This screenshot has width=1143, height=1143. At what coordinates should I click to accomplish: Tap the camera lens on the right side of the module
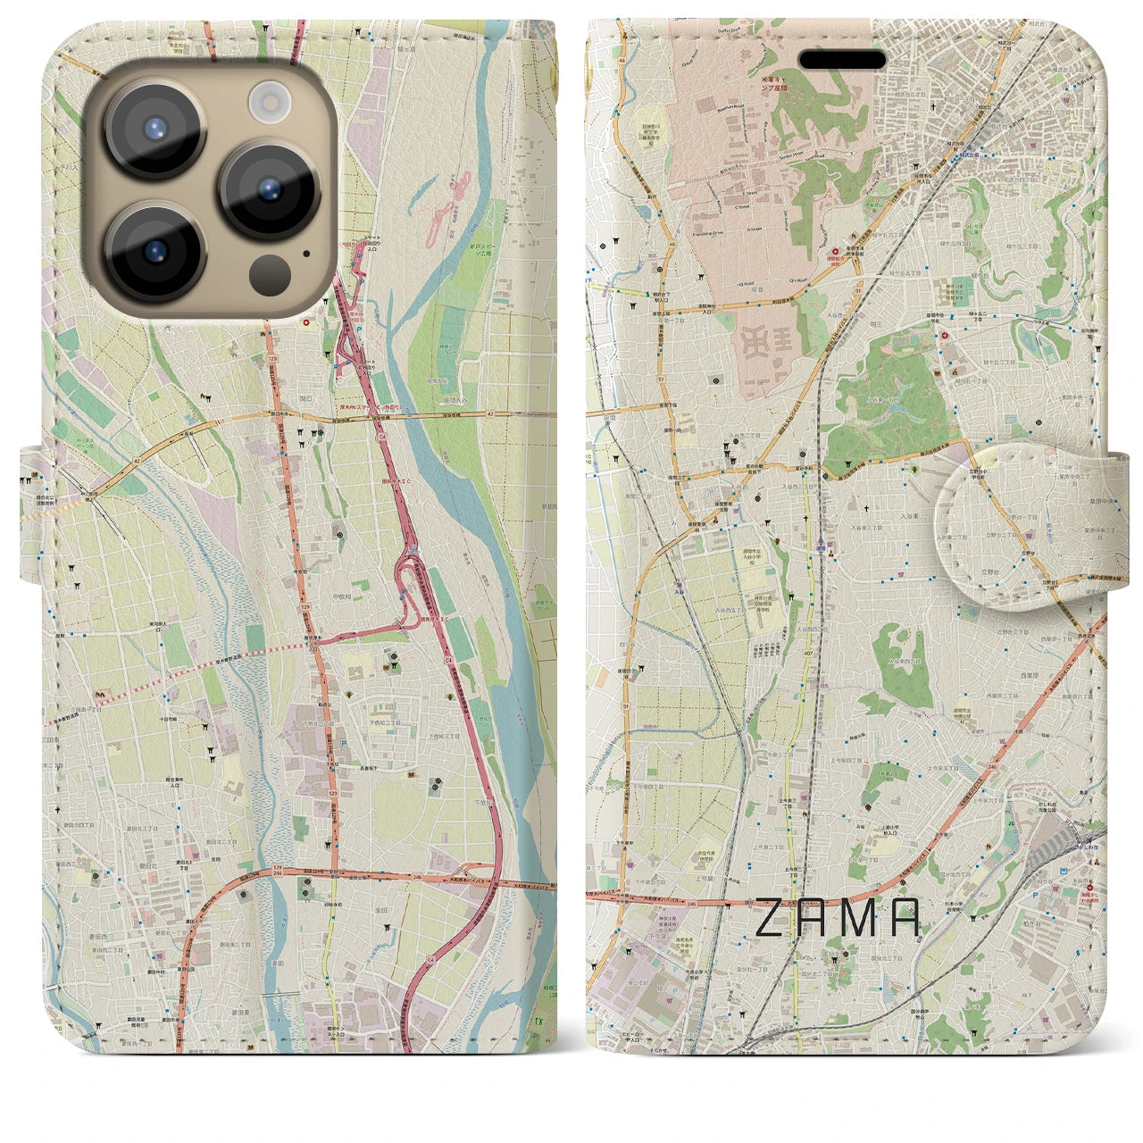tap(270, 189)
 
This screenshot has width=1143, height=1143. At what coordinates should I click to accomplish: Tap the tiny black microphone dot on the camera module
tap(306, 253)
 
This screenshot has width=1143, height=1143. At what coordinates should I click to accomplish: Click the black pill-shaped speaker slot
tap(842, 60)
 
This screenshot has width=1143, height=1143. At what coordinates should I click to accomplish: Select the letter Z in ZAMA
tap(772, 918)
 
